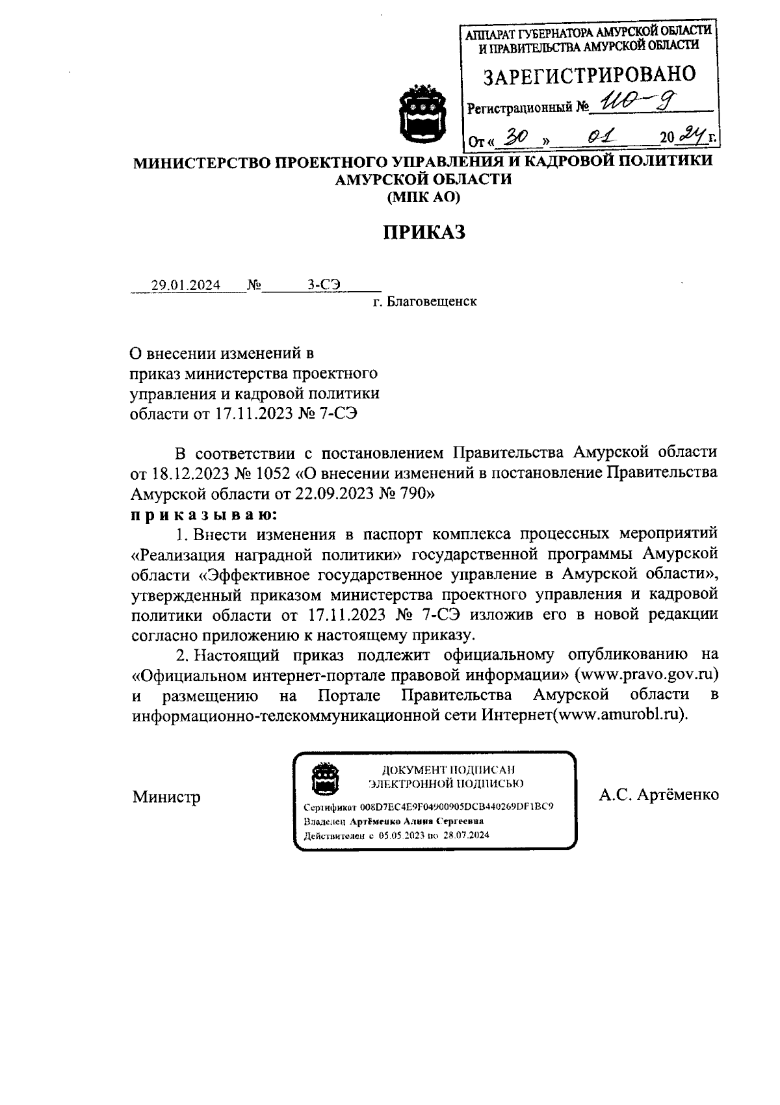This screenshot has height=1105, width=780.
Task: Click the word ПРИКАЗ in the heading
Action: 423,232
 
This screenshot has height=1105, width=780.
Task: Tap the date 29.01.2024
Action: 185,285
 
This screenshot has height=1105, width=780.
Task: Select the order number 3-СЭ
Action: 324,285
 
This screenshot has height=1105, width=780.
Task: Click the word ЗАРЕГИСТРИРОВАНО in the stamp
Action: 590,75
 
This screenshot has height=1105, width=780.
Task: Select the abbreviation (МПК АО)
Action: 423,198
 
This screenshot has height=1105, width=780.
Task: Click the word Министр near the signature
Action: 166,797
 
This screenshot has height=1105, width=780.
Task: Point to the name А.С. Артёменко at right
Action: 658,795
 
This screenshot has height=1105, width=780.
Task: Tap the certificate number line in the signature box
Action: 429,807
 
